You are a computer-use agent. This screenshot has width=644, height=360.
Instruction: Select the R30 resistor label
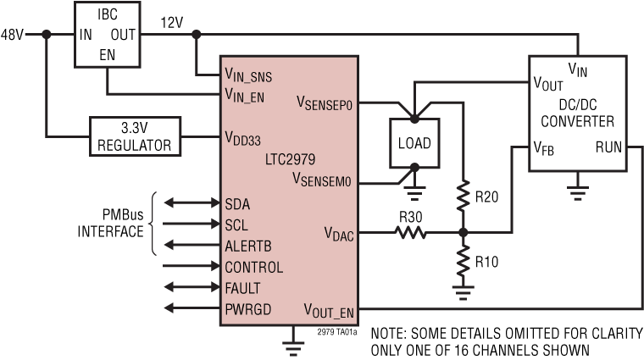411,216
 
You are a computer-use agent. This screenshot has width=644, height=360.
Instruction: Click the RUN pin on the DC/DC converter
608,147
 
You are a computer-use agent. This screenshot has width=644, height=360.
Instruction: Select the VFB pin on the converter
546,147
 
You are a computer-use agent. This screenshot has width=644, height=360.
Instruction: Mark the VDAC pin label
338,231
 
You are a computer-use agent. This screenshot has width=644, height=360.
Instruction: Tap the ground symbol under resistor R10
462,293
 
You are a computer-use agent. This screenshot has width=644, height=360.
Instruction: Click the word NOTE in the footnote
390,334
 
